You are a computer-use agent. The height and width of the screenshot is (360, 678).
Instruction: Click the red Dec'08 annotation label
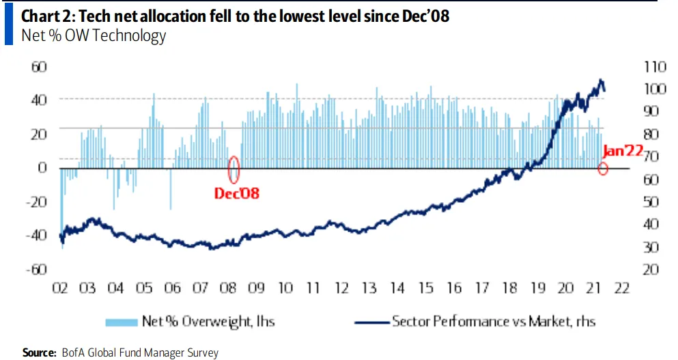pyautogui.click(x=236, y=193)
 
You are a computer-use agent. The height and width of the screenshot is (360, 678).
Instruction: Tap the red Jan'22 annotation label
pyautogui.click(x=623, y=152)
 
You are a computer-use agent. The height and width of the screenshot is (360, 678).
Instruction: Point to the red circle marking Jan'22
pyautogui.click(x=603, y=168)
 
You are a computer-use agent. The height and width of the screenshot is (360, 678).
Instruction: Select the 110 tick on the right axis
pyautogui.click(x=653, y=66)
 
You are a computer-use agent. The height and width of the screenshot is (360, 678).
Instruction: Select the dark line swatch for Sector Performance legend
pyautogui.click(x=372, y=320)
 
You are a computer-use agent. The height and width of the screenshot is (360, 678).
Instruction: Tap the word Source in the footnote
pyautogui.click(x=38, y=352)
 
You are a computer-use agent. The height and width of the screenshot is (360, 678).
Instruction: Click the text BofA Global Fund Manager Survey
pyautogui.click(x=139, y=352)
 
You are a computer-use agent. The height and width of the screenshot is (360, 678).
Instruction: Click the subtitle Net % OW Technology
pyautogui.click(x=94, y=36)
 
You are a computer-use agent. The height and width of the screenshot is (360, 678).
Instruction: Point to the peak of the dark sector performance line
pyautogui.click(x=601, y=81)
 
